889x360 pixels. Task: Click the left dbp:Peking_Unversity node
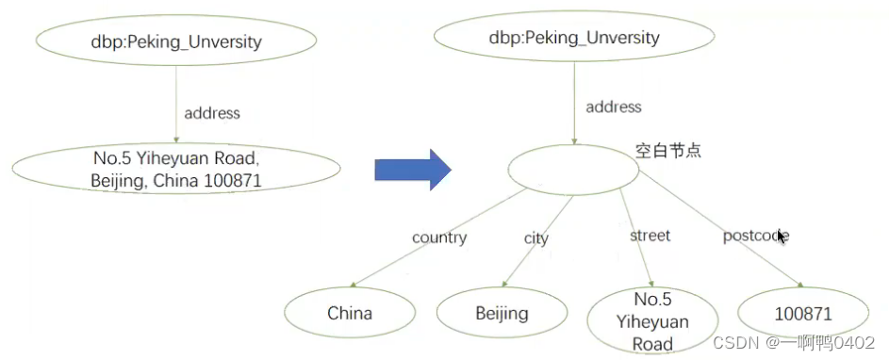pyautogui.click(x=176, y=42)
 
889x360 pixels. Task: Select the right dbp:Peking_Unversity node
pyautogui.click(x=573, y=39)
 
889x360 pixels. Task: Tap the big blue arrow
pyautogui.click(x=413, y=170)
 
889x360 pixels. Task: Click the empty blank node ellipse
pyautogui.click(x=573, y=171)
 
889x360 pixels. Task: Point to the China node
pyautogui.click(x=350, y=314)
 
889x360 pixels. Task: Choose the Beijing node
pyautogui.click(x=502, y=314)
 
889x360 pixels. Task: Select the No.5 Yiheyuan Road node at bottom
pyautogui.click(x=652, y=321)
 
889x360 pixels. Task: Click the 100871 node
pyautogui.click(x=803, y=314)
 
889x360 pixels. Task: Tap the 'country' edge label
pyautogui.click(x=439, y=237)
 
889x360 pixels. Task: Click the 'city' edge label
pyautogui.click(x=535, y=238)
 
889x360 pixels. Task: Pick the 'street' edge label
pyautogui.click(x=650, y=236)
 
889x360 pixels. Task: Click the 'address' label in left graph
pyautogui.click(x=212, y=113)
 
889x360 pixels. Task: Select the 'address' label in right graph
pyautogui.click(x=613, y=107)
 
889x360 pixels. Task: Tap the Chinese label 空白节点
pyautogui.click(x=668, y=151)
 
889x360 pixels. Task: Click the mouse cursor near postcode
pyautogui.click(x=782, y=236)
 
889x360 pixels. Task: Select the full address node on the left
pyautogui.click(x=176, y=168)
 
